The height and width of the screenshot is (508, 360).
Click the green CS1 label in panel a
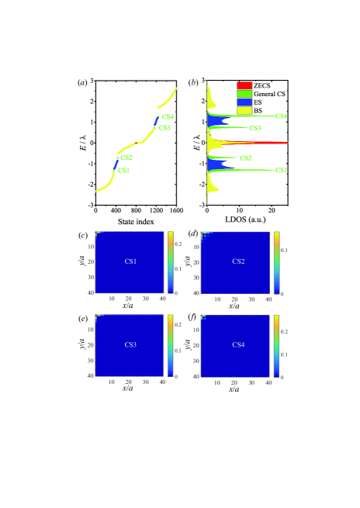(x=124, y=170)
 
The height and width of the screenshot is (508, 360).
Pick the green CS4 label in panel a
(x=168, y=117)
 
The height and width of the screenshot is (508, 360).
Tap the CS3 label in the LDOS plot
(x=254, y=128)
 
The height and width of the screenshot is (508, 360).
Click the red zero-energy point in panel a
(x=137, y=143)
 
